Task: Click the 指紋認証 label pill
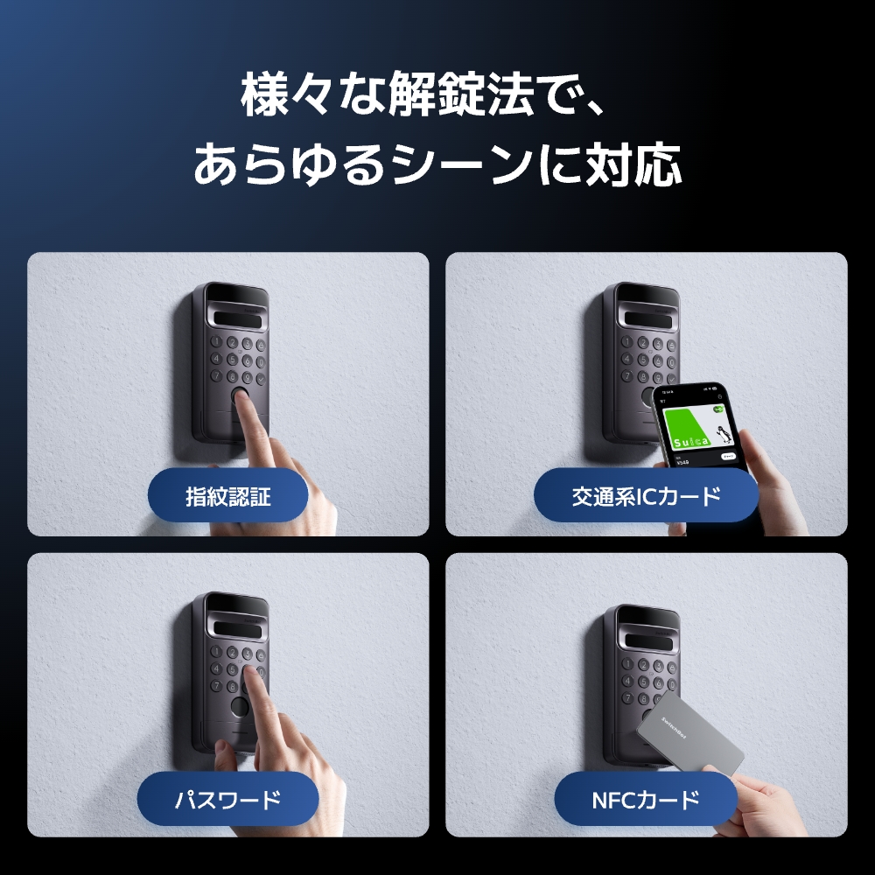click(x=227, y=497)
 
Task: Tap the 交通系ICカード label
click(x=646, y=497)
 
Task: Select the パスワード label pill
click(x=227, y=799)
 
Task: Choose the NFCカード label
click(x=646, y=799)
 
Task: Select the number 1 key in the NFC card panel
click(x=627, y=662)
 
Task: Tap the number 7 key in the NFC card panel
click(x=627, y=697)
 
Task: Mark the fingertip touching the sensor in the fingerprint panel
click(x=247, y=409)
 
